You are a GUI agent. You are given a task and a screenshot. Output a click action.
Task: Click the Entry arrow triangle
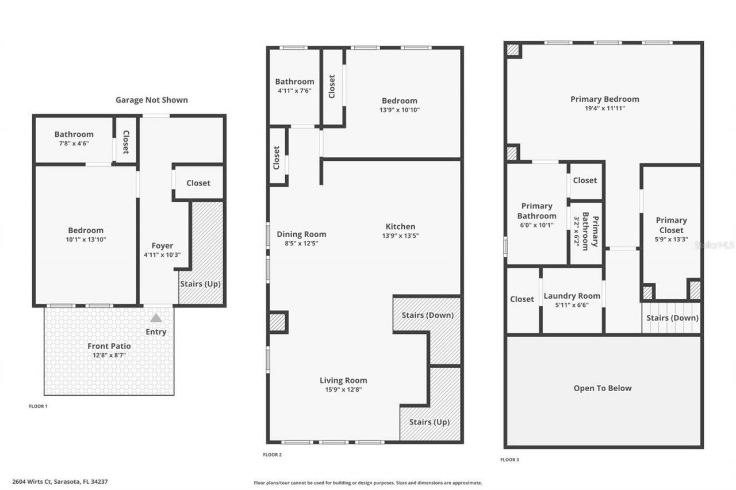coord(156,318)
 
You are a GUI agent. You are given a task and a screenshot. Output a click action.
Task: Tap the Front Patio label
coord(109,346)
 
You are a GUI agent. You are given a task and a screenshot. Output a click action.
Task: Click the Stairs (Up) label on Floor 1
coord(200,283)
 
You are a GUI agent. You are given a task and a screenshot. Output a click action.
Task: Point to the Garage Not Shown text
coord(151,99)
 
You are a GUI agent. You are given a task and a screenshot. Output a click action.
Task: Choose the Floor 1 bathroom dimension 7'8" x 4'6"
coord(74,144)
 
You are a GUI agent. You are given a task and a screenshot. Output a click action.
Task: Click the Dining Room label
coord(301,234)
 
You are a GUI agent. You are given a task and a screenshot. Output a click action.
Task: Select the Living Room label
coord(343,380)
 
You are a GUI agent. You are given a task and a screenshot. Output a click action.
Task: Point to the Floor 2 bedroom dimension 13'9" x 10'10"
coord(398,110)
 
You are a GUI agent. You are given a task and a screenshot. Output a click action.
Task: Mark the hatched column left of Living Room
coord(278,322)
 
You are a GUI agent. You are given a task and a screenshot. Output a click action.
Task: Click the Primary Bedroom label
coord(604,99)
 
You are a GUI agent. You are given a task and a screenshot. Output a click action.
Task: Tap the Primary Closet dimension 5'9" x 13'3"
coord(671,240)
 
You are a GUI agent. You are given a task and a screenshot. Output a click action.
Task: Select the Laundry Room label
coord(572,296)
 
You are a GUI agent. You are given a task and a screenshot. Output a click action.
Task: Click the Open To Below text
coord(602,388)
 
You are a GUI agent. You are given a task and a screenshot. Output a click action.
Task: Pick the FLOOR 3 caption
coord(509,460)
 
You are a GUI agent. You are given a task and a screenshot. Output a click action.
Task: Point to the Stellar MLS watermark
coord(714,245)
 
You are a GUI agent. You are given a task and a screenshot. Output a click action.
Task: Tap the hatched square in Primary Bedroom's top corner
coord(513,50)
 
